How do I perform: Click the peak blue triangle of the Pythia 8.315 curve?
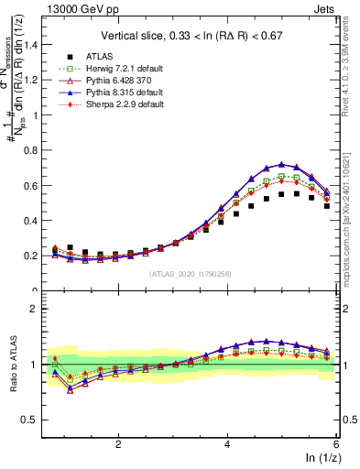tap(281, 164)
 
